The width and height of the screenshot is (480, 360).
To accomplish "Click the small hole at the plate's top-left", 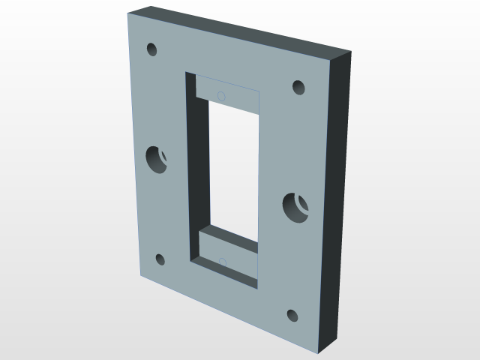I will pos(151,50).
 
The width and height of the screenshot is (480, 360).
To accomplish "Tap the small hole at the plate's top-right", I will pos(298,87).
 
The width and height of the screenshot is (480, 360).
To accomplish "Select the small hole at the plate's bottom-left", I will pos(160,260).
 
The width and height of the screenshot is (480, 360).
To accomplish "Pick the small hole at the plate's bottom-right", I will pos(292,315).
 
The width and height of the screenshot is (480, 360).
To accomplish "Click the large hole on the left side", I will pos(157,159).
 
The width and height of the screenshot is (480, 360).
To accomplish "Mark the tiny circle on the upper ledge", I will pos(220,95).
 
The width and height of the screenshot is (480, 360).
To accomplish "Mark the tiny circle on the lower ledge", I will pos(222,262).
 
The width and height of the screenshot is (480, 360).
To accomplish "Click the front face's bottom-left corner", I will pos(139,277).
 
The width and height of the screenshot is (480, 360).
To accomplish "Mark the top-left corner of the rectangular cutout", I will pos(185,73).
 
